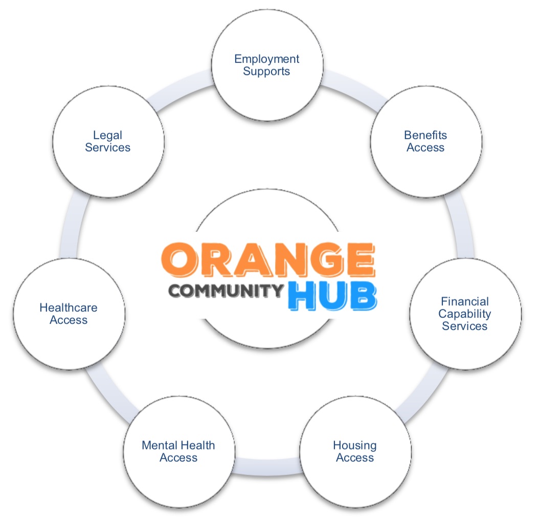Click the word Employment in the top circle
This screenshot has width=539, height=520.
pos(267,59)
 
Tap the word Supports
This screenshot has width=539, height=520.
pos(266,72)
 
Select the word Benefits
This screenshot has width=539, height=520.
pos(425,135)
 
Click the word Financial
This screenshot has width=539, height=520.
pos(465,301)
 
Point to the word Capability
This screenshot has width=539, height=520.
pos(465,314)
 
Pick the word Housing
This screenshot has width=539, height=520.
pos(355,446)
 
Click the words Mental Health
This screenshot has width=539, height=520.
pos(178,445)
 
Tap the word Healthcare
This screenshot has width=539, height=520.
pos(69,308)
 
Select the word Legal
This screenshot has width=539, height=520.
pos(107,136)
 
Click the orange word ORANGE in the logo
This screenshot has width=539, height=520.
pos(268,259)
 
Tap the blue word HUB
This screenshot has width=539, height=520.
pos(332,296)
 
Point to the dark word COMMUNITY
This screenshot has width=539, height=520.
pos(226,291)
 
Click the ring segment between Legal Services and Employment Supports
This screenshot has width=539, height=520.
pos(182,91)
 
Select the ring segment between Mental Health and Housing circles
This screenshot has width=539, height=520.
pos(267,467)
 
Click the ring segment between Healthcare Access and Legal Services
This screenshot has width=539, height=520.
pos(71,225)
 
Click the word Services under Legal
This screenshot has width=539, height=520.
pos(107,147)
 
